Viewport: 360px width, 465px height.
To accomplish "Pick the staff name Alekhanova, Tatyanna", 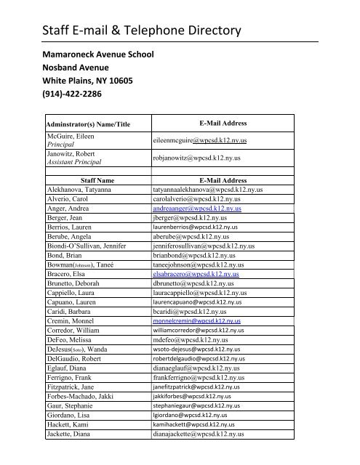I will (x=81, y=189).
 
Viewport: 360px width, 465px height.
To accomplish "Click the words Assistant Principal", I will (x=73, y=162).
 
